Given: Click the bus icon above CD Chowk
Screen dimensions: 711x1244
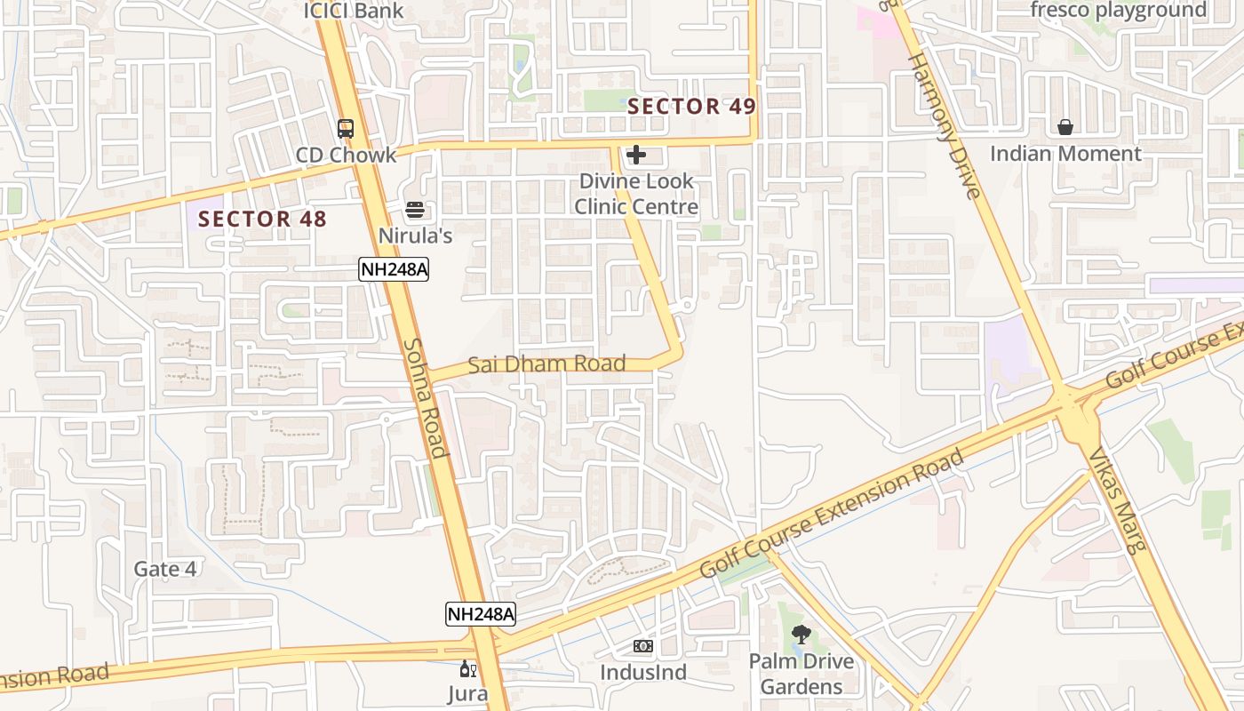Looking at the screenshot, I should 346,129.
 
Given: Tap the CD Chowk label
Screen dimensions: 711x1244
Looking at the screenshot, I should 346,155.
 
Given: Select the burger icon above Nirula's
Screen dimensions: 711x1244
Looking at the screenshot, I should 415,211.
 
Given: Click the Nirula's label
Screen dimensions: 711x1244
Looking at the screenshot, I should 415,236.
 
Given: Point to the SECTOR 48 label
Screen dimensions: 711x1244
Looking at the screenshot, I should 262,219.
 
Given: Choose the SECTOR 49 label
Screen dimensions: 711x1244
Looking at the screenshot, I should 691,107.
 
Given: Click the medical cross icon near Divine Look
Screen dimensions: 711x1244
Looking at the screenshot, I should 635,156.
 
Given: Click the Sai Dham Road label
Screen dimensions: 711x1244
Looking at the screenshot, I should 546,363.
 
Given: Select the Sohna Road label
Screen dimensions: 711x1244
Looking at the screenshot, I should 425,397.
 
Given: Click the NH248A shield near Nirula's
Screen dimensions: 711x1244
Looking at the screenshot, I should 394,269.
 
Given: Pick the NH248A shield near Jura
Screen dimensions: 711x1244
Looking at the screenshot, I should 481,613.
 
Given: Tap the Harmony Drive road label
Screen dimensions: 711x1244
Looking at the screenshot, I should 944,124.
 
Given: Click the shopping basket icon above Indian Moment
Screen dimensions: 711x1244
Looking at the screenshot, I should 1065,128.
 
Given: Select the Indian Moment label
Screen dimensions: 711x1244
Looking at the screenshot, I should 1065,154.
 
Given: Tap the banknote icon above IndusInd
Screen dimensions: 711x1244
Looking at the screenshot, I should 643,646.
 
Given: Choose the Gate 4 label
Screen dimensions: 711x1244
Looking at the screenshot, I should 165,569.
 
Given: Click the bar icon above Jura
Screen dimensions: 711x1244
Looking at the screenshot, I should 467,668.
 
